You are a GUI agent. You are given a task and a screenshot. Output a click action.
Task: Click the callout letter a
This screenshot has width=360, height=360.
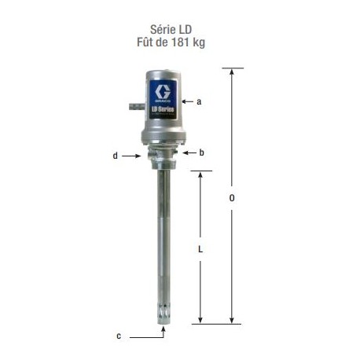200,101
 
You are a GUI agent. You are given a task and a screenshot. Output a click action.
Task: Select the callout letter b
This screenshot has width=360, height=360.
201,152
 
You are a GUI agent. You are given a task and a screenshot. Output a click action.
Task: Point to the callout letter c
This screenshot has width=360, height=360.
118,336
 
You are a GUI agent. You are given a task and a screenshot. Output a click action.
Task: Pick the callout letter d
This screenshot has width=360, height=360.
115,156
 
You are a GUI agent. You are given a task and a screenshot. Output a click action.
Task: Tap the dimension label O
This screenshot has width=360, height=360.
231,198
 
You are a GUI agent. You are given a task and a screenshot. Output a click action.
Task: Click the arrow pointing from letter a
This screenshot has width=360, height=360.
187,101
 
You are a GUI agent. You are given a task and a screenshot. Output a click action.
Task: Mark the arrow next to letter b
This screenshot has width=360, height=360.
189,153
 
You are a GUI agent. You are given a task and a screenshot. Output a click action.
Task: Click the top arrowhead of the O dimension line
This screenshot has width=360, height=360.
231,72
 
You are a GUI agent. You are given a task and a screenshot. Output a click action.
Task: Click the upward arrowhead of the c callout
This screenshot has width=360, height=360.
163,329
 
